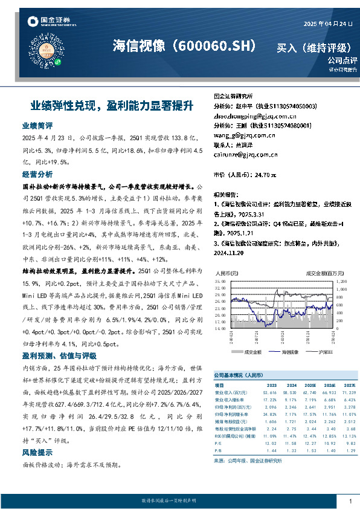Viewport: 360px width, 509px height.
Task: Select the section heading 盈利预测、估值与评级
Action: [59, 355]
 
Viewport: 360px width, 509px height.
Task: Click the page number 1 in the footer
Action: [350, 501]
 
